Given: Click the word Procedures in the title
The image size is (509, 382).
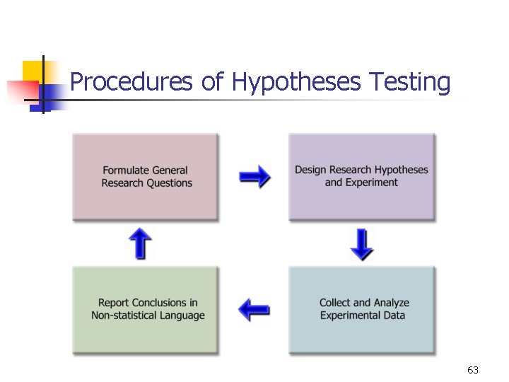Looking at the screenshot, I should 131,83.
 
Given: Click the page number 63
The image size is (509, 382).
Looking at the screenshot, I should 473,370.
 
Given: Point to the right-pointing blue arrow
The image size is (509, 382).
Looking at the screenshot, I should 254,176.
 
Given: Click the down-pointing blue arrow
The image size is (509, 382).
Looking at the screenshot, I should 362,244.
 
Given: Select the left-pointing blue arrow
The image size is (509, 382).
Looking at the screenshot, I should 254,309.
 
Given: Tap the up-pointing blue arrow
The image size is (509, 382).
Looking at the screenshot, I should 141,243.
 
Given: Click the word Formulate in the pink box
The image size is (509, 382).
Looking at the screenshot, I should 126,170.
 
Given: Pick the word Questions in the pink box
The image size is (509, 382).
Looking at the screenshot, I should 169,183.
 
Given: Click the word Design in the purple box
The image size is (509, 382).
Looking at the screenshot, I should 310,170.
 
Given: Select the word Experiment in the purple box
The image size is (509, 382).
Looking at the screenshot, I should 371,183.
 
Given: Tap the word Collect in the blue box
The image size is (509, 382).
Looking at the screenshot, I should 336,303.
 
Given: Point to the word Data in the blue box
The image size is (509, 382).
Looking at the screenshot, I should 394,316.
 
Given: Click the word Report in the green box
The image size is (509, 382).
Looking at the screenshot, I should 114,303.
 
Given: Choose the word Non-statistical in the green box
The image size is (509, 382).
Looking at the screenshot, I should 124,316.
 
